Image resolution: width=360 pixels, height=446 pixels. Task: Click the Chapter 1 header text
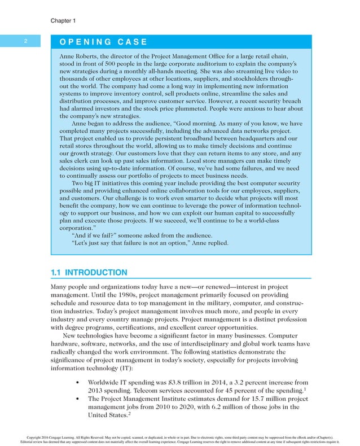[63, 20]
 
